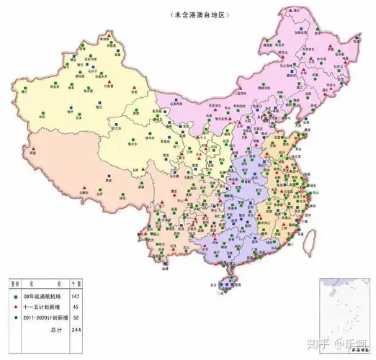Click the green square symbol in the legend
click(15, 296)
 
